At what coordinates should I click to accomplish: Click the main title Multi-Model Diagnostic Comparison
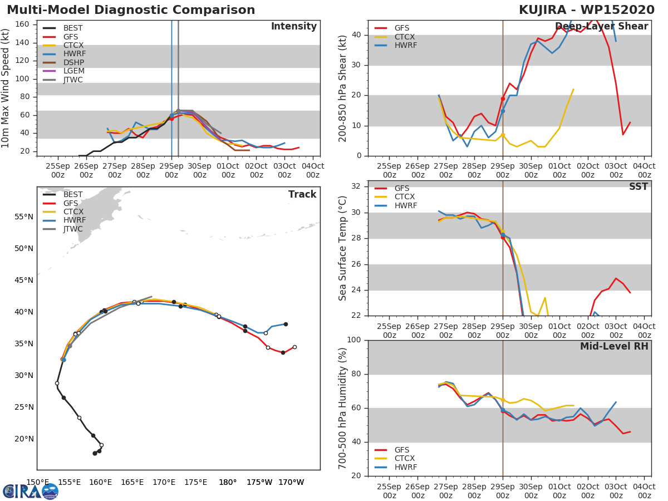[131, 11]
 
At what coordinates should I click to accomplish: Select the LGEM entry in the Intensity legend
[74, 71]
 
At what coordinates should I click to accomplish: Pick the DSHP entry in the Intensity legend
[74, 62]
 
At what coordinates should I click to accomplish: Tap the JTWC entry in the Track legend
[73, 229]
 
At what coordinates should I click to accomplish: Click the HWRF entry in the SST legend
[405, 205]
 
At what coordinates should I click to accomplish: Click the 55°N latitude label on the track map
[23, 217]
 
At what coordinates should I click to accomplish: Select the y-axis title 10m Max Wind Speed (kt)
[6, 88]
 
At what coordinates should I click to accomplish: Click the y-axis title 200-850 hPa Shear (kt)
[343, 88]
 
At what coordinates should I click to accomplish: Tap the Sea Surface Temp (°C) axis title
[343, 248]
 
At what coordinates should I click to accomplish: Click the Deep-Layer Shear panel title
[601, 27]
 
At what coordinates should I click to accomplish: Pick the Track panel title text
[302, 194]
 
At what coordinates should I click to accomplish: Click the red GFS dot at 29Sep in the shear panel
[503, 99]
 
